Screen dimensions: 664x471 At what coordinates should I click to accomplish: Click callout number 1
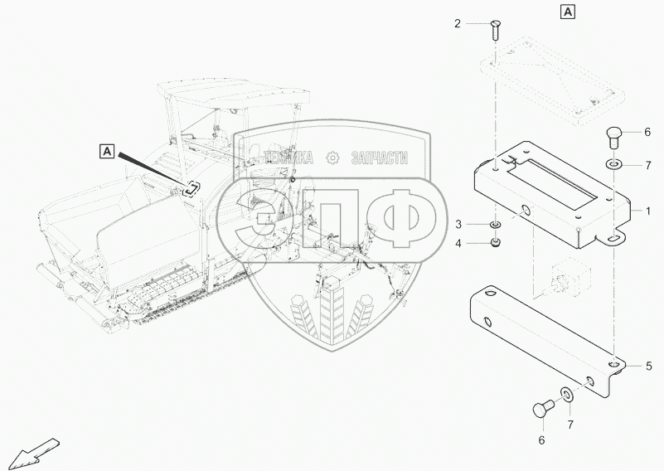[x=647, y=211]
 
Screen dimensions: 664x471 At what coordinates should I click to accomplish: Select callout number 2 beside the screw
[x=457, y=24]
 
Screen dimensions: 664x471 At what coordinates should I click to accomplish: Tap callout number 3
[x=458, y=225]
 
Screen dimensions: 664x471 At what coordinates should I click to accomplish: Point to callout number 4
[x=458, y=244]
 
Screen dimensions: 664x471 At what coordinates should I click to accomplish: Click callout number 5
[x=649, y=366]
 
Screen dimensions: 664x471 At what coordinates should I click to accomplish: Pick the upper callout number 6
[x=647, y=132]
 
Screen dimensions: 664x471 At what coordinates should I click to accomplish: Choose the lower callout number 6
[x=541, y=440]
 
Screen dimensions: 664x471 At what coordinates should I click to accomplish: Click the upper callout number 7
[x=648, y=166]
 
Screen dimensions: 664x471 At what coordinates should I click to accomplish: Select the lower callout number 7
[x=570, y=425]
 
